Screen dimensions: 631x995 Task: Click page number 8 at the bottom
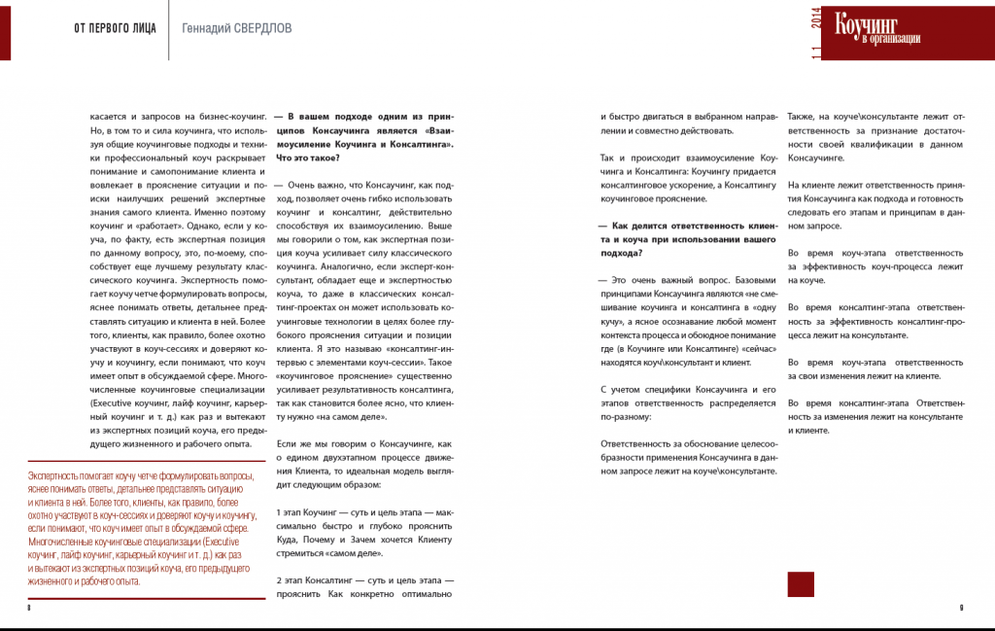click(30, 607)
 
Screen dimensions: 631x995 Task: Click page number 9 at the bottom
click(961, 607)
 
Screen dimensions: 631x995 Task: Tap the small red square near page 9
click(801, 583)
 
